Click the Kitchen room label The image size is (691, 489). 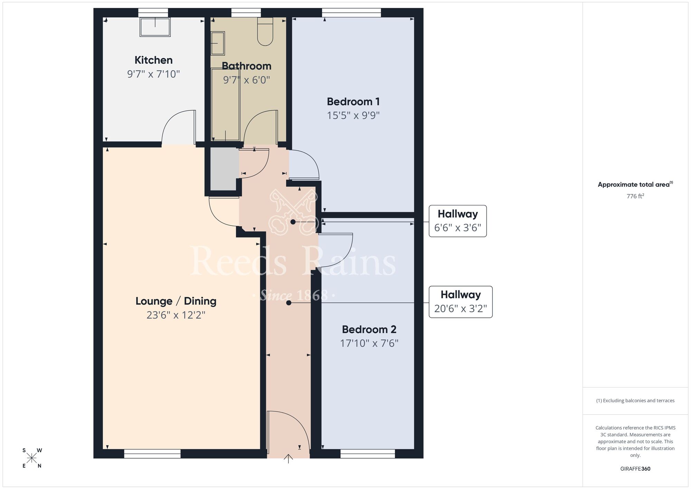(x=153, y=60)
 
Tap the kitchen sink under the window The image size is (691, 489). (x=155, y=27)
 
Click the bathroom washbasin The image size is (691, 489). (x=218, y=43)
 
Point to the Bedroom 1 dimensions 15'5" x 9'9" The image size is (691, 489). (x=353, y=116)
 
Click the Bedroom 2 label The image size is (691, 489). (x=369, y=329)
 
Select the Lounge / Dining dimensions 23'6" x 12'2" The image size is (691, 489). (x=176, y=315)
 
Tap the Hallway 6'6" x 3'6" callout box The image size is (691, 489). (x=457, y=221)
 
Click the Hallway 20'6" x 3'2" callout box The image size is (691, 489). (x=460, y=302)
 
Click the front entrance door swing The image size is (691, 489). (x=287, y=429)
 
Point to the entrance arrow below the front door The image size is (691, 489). (x=288, y=459)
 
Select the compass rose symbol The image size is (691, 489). (x=32, y=458)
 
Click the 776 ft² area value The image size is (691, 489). (x=635, y=196)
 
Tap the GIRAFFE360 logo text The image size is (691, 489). (x=635, y=469)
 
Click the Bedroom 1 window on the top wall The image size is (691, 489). (x=351, y=13)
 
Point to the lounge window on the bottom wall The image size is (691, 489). (x=152, y=454)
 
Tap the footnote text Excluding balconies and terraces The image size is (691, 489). (x=635, y=400)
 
